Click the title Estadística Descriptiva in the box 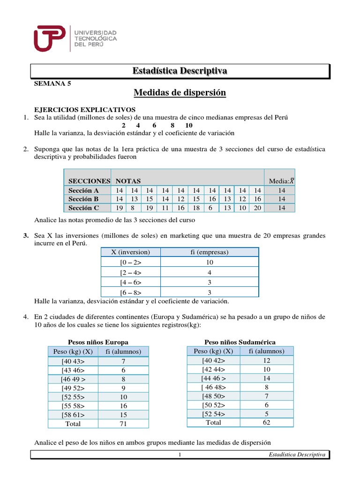click(x=180, y=71)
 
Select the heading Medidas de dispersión click(x=180, y=93)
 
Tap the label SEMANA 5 click(x=52, y=84)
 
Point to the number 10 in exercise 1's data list click(x=188, y=126)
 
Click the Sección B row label click(x=83, y=199)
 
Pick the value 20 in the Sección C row click(x=257, y=208)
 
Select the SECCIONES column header click(x=89, y=181)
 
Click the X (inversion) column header click(x=130, y=252)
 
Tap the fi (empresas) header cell click(x=209, y=252)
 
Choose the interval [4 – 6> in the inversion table click(x=130, y=283)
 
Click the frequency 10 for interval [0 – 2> click(x=209, y=262)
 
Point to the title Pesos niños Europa click(x=98, y=342)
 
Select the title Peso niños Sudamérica click(x=240, y=342)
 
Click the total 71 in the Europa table click(x=123, y=424)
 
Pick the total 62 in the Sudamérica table click(x=266, y=422)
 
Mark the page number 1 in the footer click(x=180, y=455)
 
